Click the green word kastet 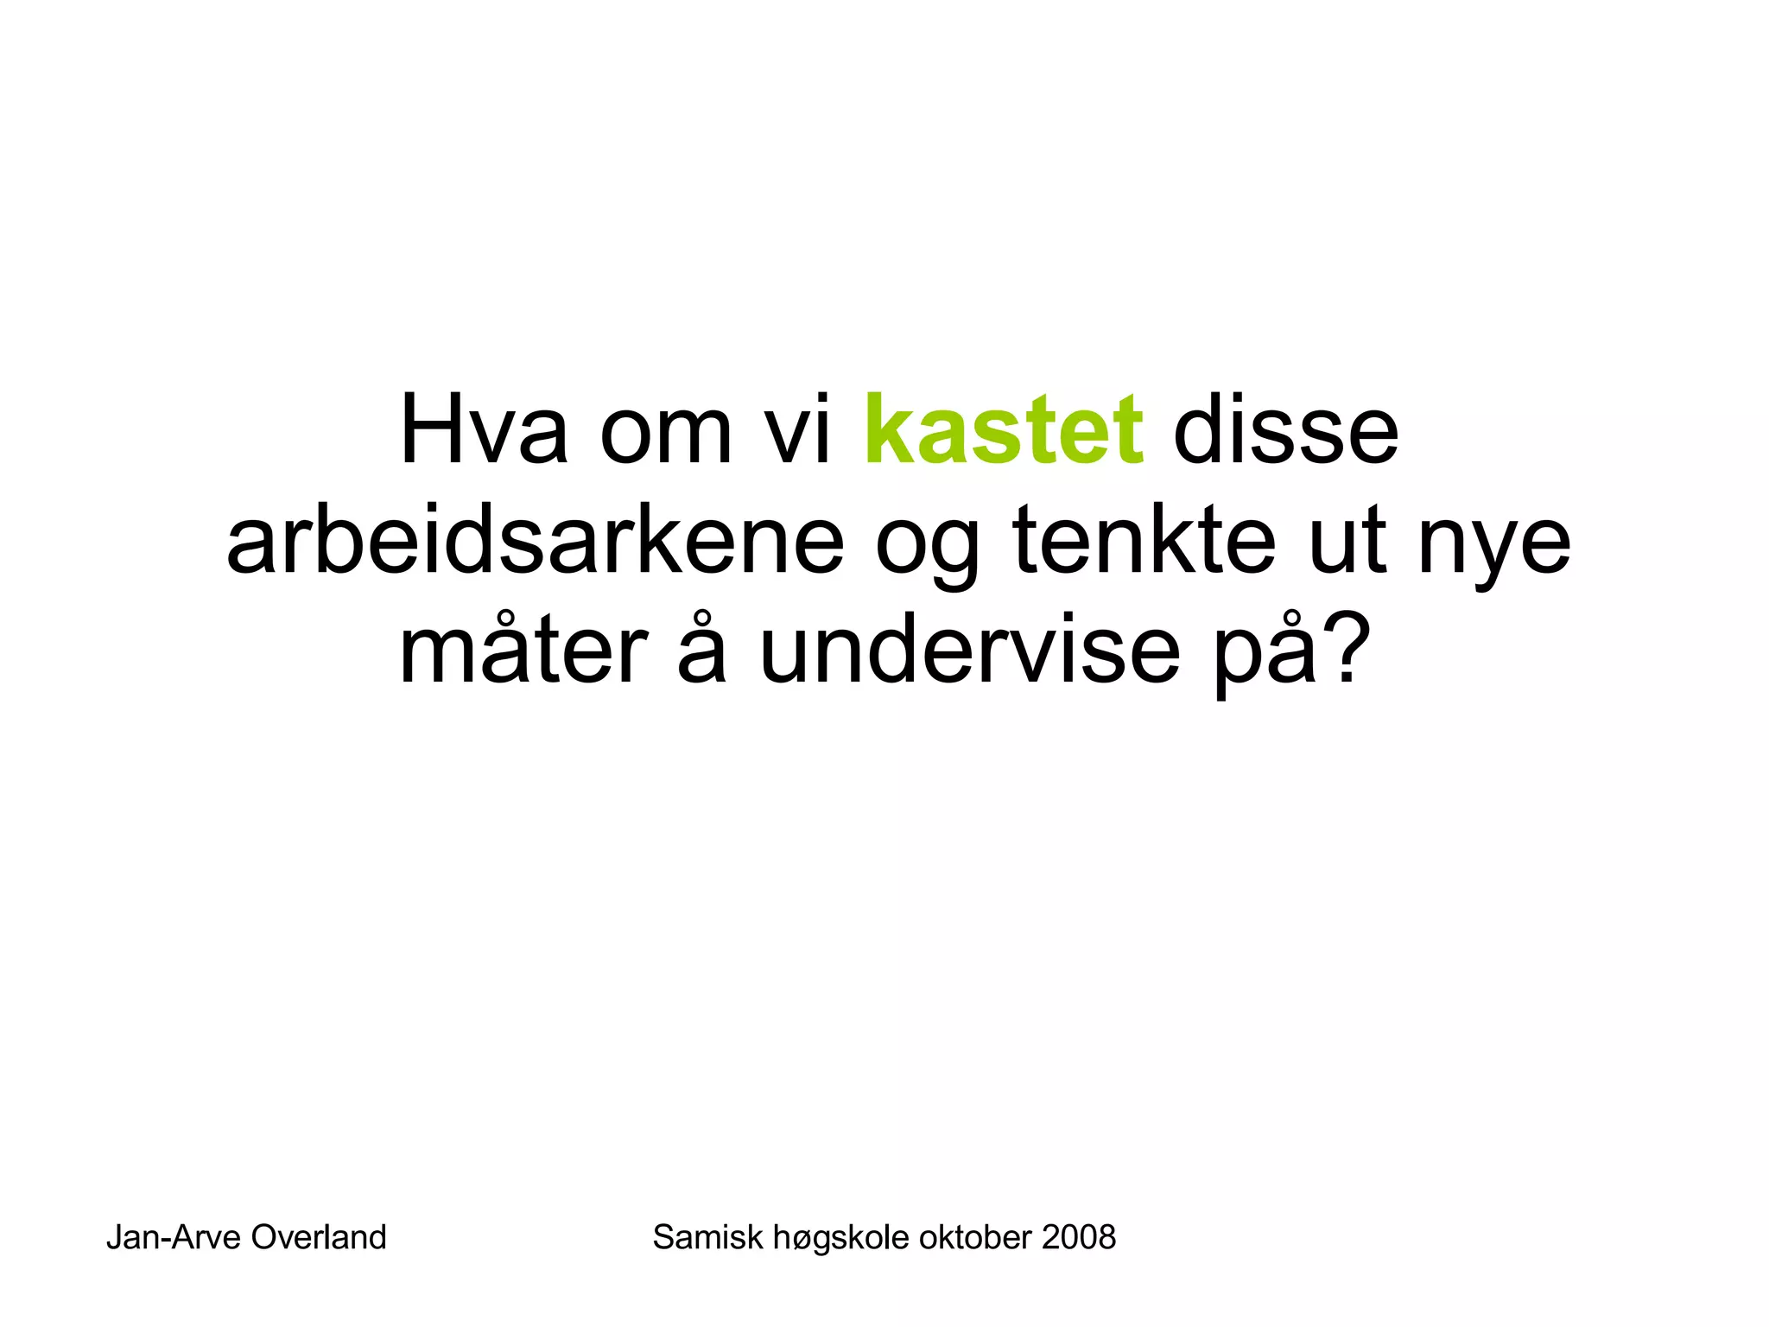pos(1004,429)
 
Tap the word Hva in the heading pos(484,429)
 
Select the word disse pos(1285,429)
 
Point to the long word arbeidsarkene pos(535,542)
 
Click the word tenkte pos(1144,542)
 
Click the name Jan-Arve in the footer pos(174,1238)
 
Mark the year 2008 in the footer pos(1079,1238)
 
